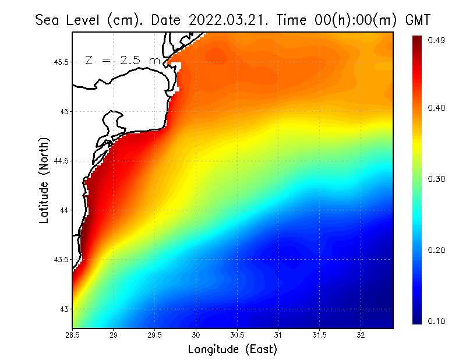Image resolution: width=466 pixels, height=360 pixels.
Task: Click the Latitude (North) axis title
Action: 44,180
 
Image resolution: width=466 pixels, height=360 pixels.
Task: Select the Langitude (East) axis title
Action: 232,350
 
